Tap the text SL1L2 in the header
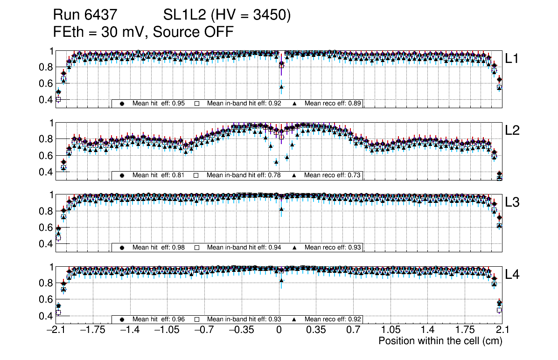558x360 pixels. click(185, 15)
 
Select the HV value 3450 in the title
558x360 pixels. click(275, 15)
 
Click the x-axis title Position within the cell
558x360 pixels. click(439, 341)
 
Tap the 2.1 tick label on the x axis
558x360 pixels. click(502, 330)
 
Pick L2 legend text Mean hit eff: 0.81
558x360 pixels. click(158, 175)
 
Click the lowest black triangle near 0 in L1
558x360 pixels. click(281, 87)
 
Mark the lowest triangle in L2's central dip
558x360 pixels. click(276, 162)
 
